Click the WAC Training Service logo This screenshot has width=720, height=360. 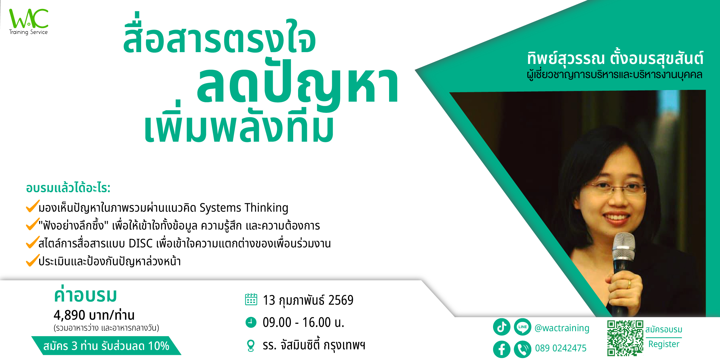[29, 22]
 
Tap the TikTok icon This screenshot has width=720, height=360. [502, 327]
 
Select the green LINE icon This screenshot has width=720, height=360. [522, 327]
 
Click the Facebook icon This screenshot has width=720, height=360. [502, 349]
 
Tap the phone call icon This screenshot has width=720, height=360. [522, 349]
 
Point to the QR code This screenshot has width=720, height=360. [625, 338]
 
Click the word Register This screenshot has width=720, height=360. [664, 344]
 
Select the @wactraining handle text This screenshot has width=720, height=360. [562, 328]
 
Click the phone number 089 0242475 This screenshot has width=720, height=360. [561, 348]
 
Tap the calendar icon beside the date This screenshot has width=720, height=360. [251, 299]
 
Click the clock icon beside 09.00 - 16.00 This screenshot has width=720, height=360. [251, 322]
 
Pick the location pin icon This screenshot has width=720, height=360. [251, 346]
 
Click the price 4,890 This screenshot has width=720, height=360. [69, 315]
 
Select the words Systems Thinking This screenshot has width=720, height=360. [244, 208]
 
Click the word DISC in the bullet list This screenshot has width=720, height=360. [141, 244]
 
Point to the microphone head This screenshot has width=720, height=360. [624, 247]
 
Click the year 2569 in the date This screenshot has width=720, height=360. [341, 300]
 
